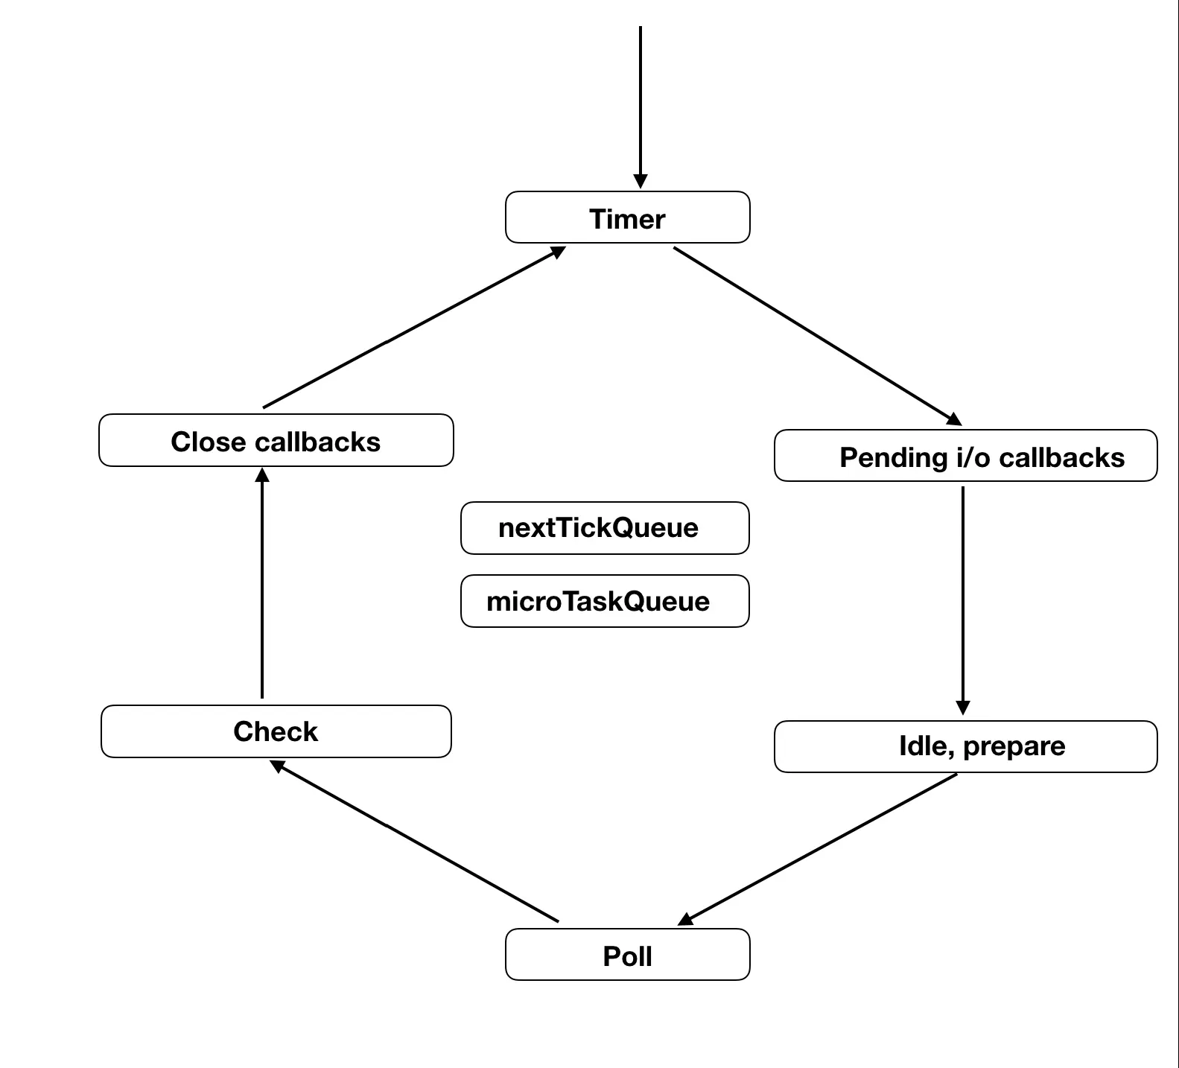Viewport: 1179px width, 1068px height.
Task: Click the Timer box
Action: pyautogui.click(x=627, y=217)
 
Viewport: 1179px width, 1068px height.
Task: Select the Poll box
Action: pyautogui.click(x=627, y=955)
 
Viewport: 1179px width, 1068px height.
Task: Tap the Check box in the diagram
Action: pyautogui.click(x=276, y=731)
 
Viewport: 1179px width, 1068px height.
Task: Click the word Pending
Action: pyautogui.click(x=894, y=457)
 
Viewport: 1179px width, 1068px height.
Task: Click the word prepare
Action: pyautogui.click(x=1014, y=746)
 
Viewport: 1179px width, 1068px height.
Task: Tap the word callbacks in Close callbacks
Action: pyautogui.click(x=317, y=442)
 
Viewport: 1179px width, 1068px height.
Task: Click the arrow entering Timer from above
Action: pyautogui.click(x=640, y=104)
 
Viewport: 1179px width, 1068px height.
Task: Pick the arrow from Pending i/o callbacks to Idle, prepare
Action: pyautogui.click(x=962, y=596)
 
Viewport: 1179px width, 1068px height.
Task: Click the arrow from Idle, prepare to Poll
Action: pyautogui.click(x=819, y=849)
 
